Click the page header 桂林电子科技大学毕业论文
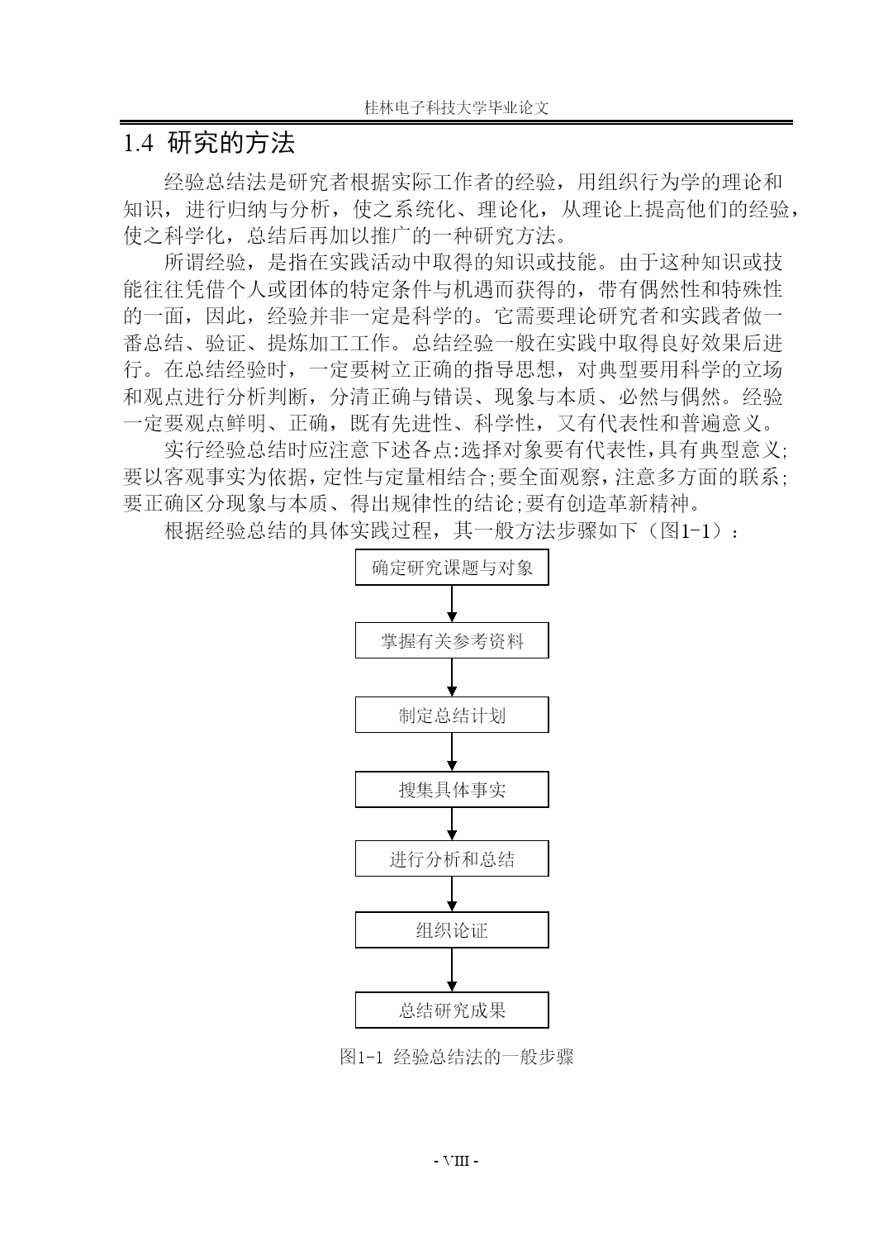tap(457, 107)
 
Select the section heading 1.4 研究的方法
tap(208, 143)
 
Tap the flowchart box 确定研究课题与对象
tap(452, 568)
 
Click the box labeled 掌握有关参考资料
tap(452, 640)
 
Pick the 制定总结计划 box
tap(452, 715)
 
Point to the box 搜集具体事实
tap(452, 789)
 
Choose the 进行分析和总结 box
tap(452, 859)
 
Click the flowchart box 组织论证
tap(452, 930)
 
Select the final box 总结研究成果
tap(452, 1010)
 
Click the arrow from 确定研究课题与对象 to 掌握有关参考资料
tap(452, 604)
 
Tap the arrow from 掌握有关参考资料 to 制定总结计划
tap(452, 678)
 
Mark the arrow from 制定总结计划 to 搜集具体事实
tap(452, 752)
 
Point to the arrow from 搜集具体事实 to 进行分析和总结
tap(452, 825)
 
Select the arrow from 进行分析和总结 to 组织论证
tap(452, 894)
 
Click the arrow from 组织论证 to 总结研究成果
tap(452, 970)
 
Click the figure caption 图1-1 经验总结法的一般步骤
tap(457, 1057)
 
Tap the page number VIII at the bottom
tap(456, 1160)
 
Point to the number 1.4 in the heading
tap(139, 144)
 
